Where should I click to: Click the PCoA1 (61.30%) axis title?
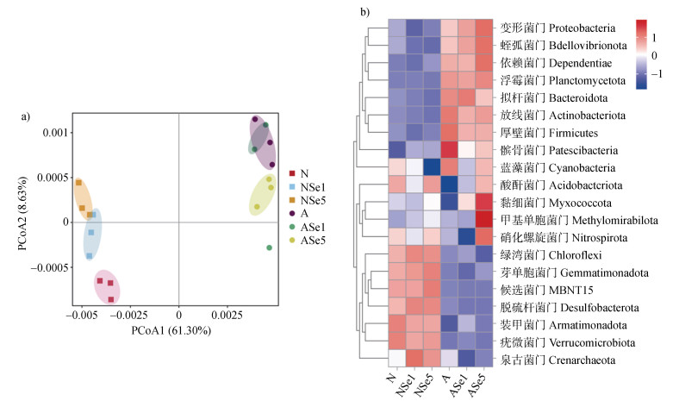[x=178, y=330]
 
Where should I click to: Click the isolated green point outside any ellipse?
[x=270, y=247]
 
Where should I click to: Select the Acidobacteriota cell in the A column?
[x=448, y=185]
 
